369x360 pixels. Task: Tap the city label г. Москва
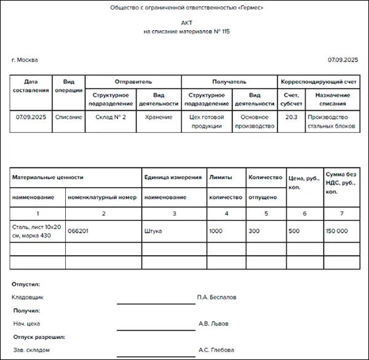25,60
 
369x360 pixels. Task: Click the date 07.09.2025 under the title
343,60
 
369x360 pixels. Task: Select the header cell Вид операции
69,86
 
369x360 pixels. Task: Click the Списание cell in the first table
69,117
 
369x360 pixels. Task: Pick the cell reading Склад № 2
111,117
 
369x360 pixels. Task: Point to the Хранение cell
159,117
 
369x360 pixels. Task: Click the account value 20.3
292,117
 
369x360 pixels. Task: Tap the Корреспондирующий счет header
319,81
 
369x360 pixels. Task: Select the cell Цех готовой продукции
207,121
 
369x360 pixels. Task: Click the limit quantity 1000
216,231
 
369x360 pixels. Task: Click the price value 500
294,231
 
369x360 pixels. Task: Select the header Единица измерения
173,177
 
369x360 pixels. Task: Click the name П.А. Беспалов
216,297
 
